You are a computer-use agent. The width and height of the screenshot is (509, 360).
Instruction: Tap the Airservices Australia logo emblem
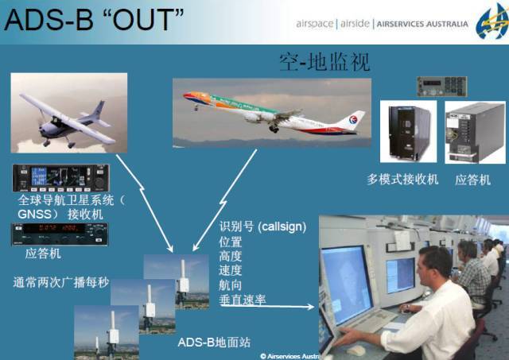(x=491, y=21)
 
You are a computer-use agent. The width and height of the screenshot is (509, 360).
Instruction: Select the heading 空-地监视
(x=324, y=61)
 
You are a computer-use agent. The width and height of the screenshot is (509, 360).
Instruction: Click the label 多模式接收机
(x=402, y=180)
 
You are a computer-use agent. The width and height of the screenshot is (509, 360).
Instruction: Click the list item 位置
(x=231, y=242)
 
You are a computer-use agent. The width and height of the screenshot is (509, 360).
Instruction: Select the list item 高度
(x=231, y=256)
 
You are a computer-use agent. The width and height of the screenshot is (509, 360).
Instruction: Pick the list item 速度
(x=231, y=270)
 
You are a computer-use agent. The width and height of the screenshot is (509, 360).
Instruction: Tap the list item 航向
(x=231, y=285)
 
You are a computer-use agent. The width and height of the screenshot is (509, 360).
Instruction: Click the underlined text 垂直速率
(x=243, y=300)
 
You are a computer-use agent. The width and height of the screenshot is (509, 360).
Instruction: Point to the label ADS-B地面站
(x=214, y=343)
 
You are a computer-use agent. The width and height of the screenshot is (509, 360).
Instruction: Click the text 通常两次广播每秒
(x=60, y=281)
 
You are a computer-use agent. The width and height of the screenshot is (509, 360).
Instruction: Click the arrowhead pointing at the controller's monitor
(x=312, y=306)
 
